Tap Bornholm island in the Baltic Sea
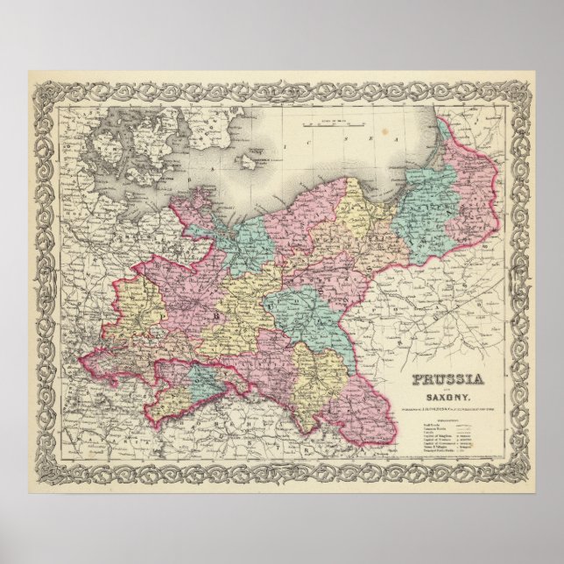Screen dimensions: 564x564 point(252,161)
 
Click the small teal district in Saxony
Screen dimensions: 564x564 point(204,378)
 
